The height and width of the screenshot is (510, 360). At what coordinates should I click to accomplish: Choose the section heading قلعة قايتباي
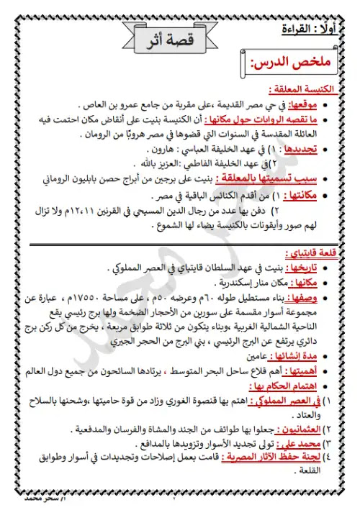click(315, 254)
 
